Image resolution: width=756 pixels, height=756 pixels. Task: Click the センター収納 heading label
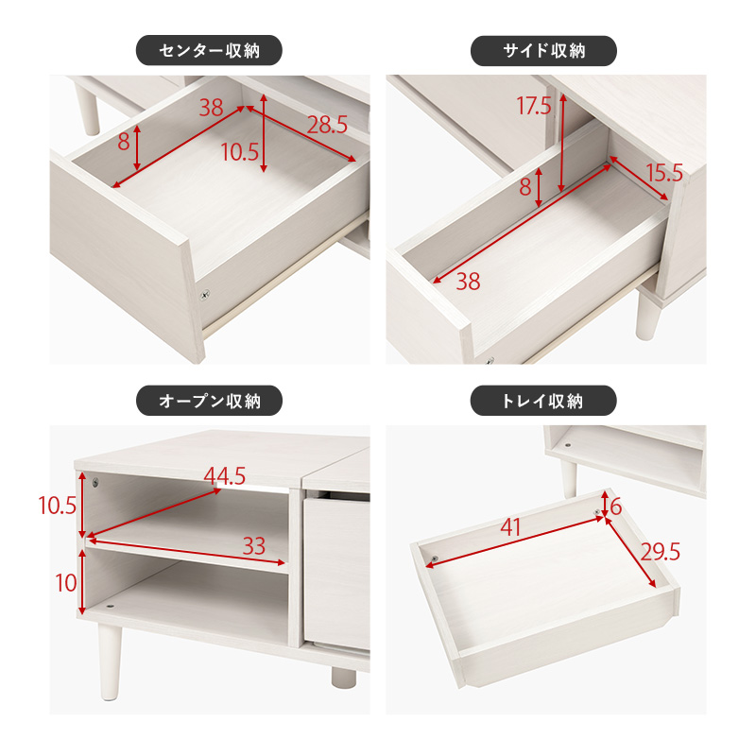[x=209, y=51]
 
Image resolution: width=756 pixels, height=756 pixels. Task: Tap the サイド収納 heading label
[x=544, y=51]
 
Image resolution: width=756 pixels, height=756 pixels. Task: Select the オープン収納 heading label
[x=209, y=401]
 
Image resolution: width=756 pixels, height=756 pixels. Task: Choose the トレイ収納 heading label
[x=543, y=401]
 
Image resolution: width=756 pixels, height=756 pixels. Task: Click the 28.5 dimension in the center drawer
[x=327, y=126]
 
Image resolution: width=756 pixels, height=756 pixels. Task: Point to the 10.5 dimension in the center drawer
[x=240, y=152]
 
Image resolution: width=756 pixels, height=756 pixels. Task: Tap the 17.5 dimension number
[x=534, y=106]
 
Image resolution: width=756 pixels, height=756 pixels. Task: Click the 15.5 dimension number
[x=664, y=173]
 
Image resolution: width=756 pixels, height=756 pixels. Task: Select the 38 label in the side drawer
[x=468, y=282]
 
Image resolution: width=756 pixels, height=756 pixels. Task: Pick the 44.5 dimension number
[x=225, y=476]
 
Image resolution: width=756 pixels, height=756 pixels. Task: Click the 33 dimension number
[x=254, y=546]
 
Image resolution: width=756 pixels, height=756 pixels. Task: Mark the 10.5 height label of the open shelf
[x=58, y=506]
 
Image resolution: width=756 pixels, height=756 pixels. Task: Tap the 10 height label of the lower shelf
[x=66, y=583]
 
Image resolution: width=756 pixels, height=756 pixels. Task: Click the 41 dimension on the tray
[x=510, y=527]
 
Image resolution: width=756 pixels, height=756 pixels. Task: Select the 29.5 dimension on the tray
[x=661, y=552]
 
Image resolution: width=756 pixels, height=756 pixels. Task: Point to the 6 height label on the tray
[x=616, y=507]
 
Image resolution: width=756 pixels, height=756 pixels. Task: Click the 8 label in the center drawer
[x=124, y=142]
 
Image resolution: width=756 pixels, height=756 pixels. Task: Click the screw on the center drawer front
[x=205, y=294]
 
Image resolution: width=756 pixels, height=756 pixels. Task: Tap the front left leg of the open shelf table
[x=109, y=661]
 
